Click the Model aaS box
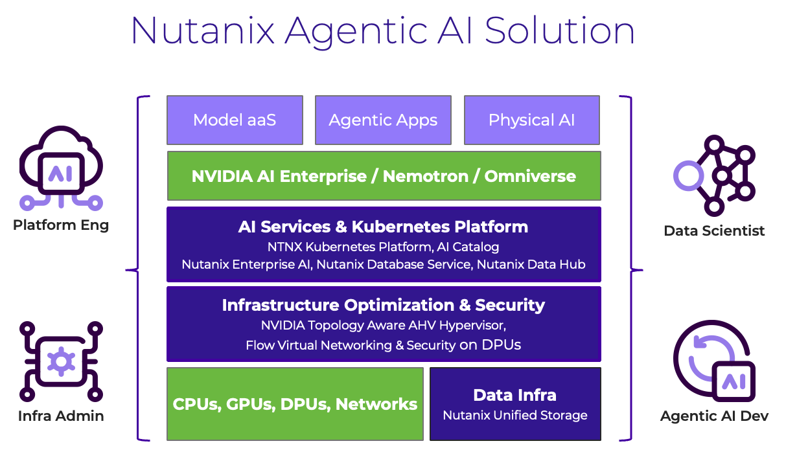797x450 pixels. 235,120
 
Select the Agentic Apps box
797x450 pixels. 383,120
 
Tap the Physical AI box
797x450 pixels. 531,120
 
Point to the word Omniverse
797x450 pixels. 530,176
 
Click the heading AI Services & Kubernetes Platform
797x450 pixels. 383,227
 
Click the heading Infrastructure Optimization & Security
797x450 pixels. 383,305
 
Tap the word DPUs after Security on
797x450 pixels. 501,345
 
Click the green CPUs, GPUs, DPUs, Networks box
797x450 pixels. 295,404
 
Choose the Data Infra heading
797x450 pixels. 514,395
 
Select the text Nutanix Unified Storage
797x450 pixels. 514,416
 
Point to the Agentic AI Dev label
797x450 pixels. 714,416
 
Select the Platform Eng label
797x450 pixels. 61,225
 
